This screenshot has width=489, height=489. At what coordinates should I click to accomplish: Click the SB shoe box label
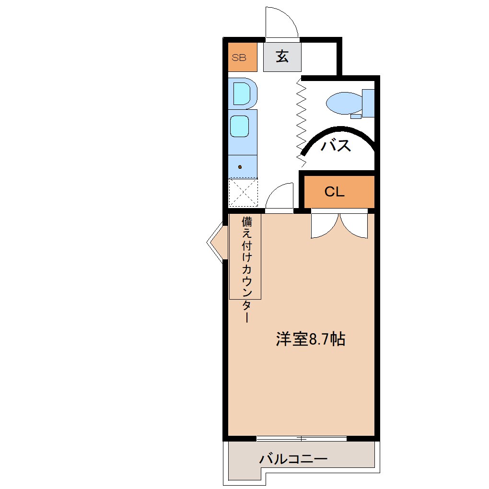click(239, 58)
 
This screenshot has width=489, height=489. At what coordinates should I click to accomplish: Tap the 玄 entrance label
click(282, 57)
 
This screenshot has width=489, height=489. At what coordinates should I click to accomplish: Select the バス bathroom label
click(336, 145)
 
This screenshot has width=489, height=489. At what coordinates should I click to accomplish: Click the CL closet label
click(334, 192)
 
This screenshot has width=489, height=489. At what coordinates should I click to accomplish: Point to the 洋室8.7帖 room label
click(310, 339)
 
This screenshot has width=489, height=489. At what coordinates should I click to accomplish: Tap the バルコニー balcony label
click(293, 459)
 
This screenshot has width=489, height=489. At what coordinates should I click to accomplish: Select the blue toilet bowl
click(344, 102)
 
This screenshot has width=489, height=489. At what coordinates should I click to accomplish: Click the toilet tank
click(368, 103)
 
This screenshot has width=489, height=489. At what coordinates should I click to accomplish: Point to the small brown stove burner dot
click(240, 167)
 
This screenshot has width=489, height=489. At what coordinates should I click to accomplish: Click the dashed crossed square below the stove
click(243, 193)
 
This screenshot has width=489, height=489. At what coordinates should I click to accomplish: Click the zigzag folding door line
click(302, 120)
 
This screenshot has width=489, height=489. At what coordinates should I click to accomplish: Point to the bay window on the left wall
click(216, 243)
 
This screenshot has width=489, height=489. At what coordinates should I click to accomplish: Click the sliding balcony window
click(301, 438)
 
